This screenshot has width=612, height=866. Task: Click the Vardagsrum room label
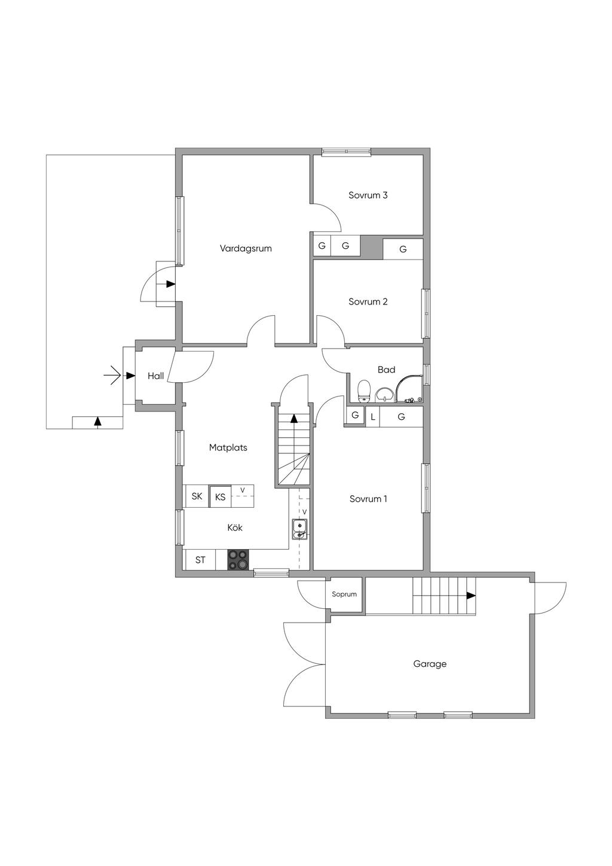click(x=246, y=249)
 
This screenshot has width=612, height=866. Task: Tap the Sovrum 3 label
click(x=368, y=195)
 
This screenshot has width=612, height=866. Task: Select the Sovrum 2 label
click(x=368, y=301)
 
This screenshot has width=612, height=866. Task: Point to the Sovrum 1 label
click(x=368, y=499)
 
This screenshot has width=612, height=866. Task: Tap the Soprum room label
click(x=344, y=594)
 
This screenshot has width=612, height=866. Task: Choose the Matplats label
click(x=228, y=448)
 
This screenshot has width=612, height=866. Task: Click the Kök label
click(x=235, y=527)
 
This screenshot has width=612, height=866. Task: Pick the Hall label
click(x=156, y=376)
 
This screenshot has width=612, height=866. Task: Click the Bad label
click(x=386, y=370)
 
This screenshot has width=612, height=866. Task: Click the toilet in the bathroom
click(x=364, y=391)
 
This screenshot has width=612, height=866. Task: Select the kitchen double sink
click(x=300, y=529)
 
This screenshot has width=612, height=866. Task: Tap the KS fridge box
click(x=220, y=496)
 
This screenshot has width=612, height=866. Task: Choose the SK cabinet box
click(x=197, y=496)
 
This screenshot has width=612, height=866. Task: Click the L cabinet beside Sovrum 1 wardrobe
click(x=373, y=417)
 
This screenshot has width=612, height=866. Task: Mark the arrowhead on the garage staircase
click(x=471, y=596)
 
